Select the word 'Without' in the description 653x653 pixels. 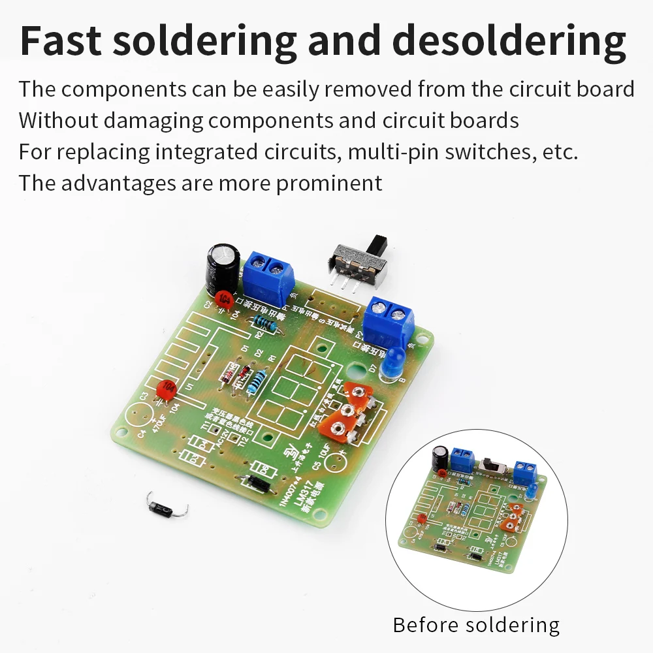pos(57,120)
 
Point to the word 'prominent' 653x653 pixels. pos(329,183)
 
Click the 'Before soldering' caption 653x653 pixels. pos(476,625)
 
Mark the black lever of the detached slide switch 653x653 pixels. pos(377,244)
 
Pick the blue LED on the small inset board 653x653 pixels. pos(532,488)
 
